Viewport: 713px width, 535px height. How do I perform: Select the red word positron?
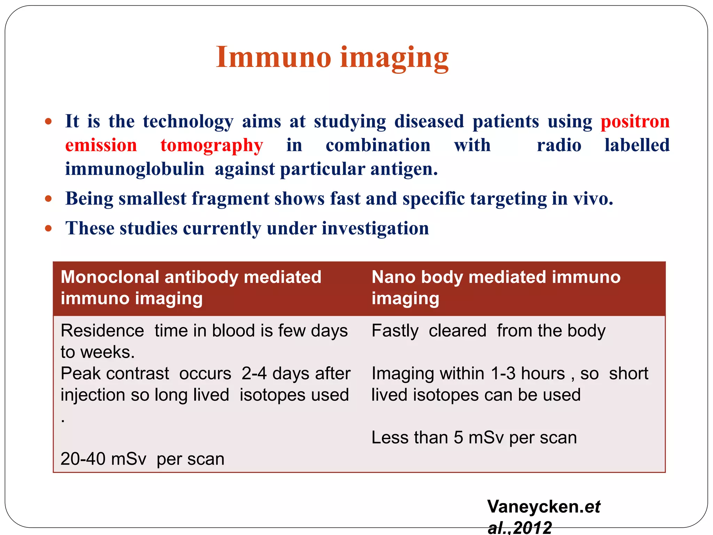click(635, 122)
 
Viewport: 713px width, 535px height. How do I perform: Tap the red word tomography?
click(212, 145)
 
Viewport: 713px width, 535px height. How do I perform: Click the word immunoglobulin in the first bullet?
click(135, 169)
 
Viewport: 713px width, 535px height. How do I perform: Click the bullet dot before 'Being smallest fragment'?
click(48, 199)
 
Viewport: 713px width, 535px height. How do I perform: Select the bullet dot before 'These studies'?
click(48, 228)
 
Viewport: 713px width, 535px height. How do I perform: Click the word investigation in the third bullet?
click(375, 228)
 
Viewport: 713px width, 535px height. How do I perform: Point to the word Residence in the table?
click(102, 331)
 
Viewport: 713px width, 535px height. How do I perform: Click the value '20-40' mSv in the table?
click(83, 459)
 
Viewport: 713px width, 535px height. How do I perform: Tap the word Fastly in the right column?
click(395, 331)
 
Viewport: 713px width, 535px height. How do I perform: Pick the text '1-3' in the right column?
click(503, 373)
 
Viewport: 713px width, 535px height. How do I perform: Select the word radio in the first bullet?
click(559, 145)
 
